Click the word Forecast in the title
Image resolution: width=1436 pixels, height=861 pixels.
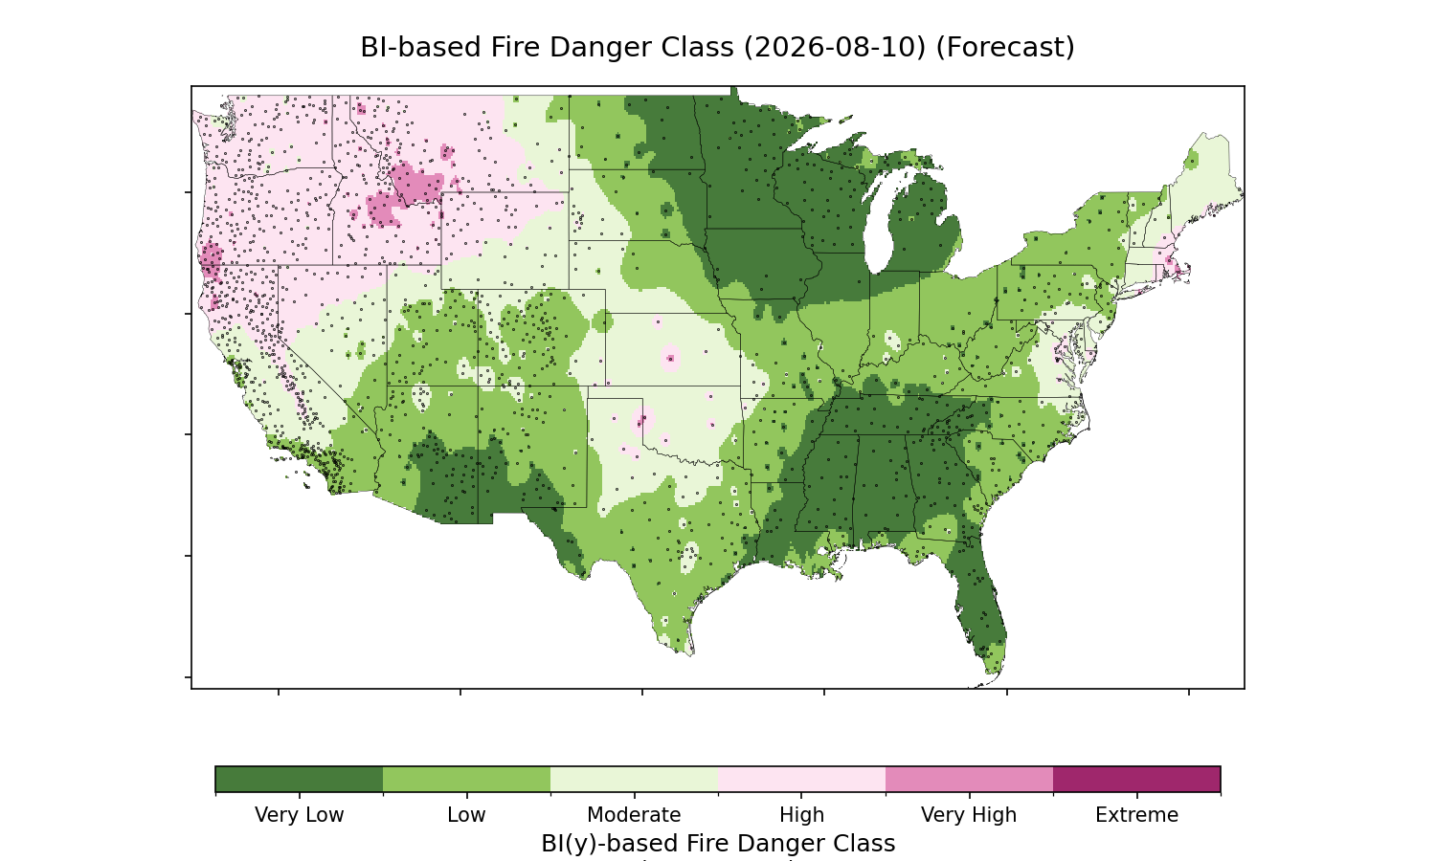pyautogui.click(x=1005, y=48)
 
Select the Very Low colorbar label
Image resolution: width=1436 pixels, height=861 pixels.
pyautogui.click(x=300, y=815)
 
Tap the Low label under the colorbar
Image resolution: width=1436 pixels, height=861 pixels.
pyautogui.click(x=467, y=815)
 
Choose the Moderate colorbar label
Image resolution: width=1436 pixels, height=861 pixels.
pyautogui.click(x=634, y=815)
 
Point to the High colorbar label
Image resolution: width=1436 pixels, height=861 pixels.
pyautogui.click(x=802, y=815)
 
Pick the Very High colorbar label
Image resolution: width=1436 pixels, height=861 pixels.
pyautogui.click(x=969, y=815)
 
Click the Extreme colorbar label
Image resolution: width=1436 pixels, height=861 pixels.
pyautogui.click(x=1136, y=815)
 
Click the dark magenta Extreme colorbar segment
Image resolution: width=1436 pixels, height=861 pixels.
pyautogui.click(x=1136, y=779)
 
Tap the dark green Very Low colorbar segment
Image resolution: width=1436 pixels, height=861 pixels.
pyautogui.click(x=300, y=779)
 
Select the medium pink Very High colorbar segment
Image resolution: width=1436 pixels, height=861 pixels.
pyautogui.click(x=969, y=779)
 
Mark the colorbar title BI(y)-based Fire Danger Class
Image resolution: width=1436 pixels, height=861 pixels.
pyautogui.click(x=718, y=844)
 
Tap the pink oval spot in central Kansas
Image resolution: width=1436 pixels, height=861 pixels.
pyautogui.click(x=670, y=358)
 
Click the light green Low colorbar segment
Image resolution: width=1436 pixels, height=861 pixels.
pyautogui.click(x=467, y=779)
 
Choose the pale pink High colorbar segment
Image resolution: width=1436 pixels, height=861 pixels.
pyautogui.click(x=802, y=779)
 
